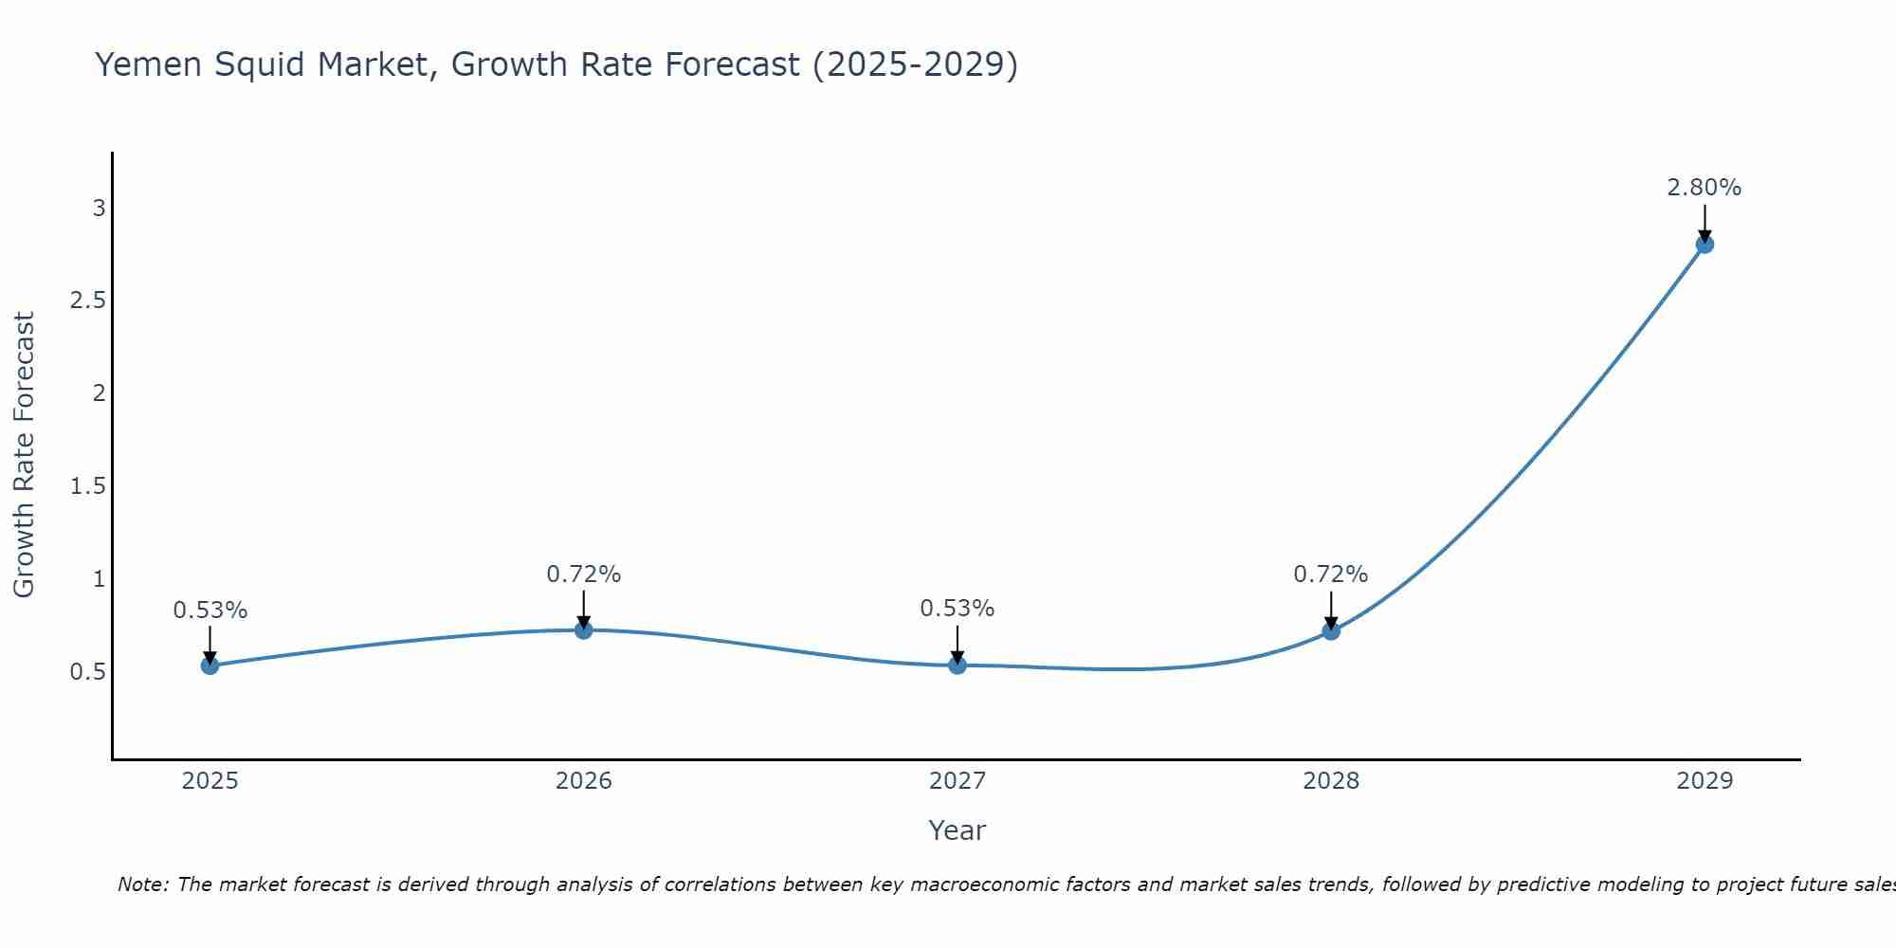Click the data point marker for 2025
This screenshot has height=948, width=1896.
(210, 665)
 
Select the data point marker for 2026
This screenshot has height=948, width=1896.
(584, 629)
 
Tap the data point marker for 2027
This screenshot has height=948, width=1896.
(957, 665)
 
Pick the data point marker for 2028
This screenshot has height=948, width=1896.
(1331, 630)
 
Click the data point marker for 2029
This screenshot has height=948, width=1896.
(1705, 244)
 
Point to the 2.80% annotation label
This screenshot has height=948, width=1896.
(1704, 188)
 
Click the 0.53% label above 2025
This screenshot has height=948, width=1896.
(210, 611)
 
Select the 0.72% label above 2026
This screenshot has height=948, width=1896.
(583, 574)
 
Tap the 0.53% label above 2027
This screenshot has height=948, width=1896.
(957, 609)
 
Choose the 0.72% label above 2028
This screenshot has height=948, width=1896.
(1330, 574)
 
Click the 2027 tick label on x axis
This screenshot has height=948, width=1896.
(957, 781)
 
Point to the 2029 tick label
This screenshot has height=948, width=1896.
(1705, 781)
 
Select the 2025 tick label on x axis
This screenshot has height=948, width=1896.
(210, 781)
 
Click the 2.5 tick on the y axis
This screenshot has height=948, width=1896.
(87, 301)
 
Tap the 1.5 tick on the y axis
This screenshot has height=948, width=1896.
(87, 486)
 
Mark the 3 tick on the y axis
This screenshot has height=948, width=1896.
(99, 208)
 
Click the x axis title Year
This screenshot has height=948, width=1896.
(957, 830)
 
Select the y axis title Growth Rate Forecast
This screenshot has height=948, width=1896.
(24, 455)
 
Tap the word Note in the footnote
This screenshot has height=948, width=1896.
(141, 884)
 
